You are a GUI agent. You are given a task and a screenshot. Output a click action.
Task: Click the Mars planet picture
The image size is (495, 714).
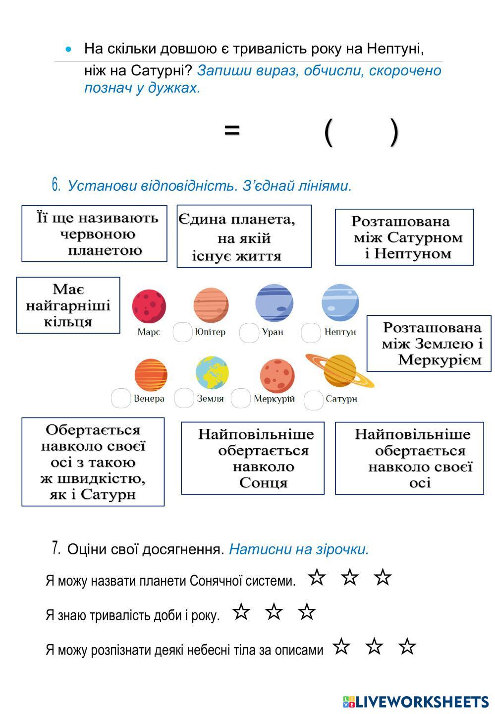pyautogui.click(x=149, y=306)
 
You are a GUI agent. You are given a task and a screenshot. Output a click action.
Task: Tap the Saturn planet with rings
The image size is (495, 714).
pyautogui.click(x=340, y=370)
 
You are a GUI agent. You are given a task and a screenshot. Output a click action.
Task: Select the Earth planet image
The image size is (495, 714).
pyautogui.click(x=212, y=372)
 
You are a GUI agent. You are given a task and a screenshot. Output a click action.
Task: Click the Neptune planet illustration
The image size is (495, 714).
pyautogui.click(x=340, y=302)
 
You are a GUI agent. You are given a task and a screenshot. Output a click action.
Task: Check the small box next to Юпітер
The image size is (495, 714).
pyautogui.click(x=182, y=332)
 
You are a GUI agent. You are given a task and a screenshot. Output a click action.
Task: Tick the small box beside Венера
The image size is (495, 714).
pyautogui.click(x=121, y=398)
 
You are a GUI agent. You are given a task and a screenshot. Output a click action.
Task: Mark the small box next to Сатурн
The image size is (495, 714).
pyautogui.click(x=313, y=400)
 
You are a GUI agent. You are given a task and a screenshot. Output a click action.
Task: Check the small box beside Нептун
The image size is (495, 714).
pyautogui.click(x=311, y=332)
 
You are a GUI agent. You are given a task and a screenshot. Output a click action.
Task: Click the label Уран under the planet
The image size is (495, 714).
pyautogui.click(x=273, y=332)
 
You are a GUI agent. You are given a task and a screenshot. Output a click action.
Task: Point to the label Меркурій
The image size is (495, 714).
pyautogui.click(x=274, y=399)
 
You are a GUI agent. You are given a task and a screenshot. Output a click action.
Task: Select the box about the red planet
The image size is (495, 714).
pyautogui.click(x=94, y=234)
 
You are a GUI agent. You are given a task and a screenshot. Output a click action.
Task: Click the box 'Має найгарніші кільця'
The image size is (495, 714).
pyautogui.click(x=68, y=305)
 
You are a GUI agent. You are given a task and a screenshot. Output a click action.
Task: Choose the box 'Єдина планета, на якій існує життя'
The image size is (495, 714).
pyautogui.click(x=244, y=237)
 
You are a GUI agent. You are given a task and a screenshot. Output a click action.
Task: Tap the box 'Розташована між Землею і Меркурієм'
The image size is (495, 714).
pyautogui.click(x=429, y=343)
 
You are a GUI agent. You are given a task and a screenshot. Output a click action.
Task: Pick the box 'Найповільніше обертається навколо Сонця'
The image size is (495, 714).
pyautogui.click(x=253, y=458)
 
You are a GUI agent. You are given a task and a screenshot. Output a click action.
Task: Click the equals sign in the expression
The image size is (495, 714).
pyautogui.click(x=232, y=130)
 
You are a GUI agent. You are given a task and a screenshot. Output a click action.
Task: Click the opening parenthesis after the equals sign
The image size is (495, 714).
pyautogui.click(x=328, y=132)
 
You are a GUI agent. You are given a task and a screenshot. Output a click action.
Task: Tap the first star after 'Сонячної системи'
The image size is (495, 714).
pyautogui.click(x=317, y=577)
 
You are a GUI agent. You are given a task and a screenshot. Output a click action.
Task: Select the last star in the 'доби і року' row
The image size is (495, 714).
pyautogui.click(x=307, y=612)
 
